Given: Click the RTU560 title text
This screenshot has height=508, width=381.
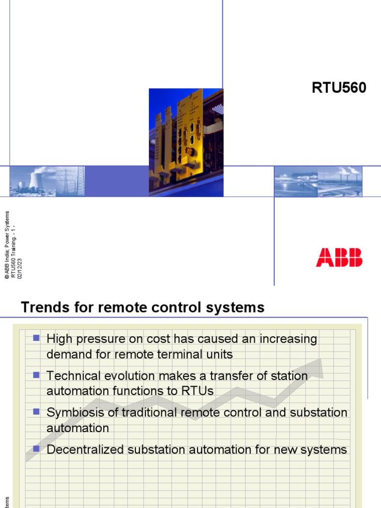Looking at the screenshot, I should (339, 88).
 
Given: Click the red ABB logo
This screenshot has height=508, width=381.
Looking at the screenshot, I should (339, 258).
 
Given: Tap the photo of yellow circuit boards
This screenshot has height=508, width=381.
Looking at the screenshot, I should (186, 142).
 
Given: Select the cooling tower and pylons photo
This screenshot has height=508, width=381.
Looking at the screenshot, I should (47, 181).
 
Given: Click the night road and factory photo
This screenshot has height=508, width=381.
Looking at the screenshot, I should (318, 181).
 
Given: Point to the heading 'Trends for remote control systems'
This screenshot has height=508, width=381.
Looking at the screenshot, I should (143, 308).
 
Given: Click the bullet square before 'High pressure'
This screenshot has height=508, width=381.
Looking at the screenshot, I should (36, 338).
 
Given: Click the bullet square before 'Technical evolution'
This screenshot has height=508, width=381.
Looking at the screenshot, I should (36, 376).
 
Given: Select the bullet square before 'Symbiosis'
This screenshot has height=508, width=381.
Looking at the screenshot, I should (36, 412).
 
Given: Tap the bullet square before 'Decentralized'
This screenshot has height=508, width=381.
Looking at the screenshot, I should (36, 449).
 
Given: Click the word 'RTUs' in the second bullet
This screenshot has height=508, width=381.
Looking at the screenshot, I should (199, 391).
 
